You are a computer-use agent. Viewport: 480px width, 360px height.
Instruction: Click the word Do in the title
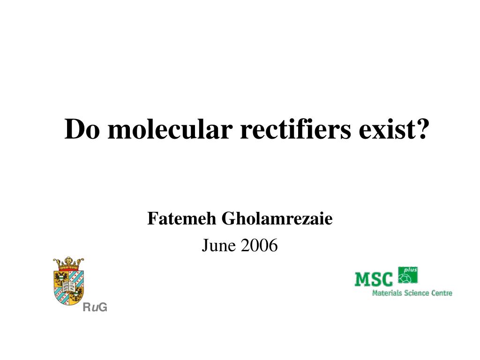(82, 129)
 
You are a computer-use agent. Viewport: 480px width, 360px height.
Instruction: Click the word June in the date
(219, 245)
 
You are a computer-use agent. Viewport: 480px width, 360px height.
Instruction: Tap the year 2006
(259, 245)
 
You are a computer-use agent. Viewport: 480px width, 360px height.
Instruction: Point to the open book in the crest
(68, 286)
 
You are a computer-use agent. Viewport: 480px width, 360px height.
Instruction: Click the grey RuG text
(95, 307)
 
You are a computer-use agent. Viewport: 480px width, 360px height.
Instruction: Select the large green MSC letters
(374, 280)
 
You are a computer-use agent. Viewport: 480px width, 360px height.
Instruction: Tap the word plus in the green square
(411, 270)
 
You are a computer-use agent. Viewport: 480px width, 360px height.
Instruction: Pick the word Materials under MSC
(387, 293)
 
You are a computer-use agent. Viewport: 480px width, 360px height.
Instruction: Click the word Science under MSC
(416, 293)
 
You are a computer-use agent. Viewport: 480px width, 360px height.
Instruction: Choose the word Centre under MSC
(442, 293)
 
